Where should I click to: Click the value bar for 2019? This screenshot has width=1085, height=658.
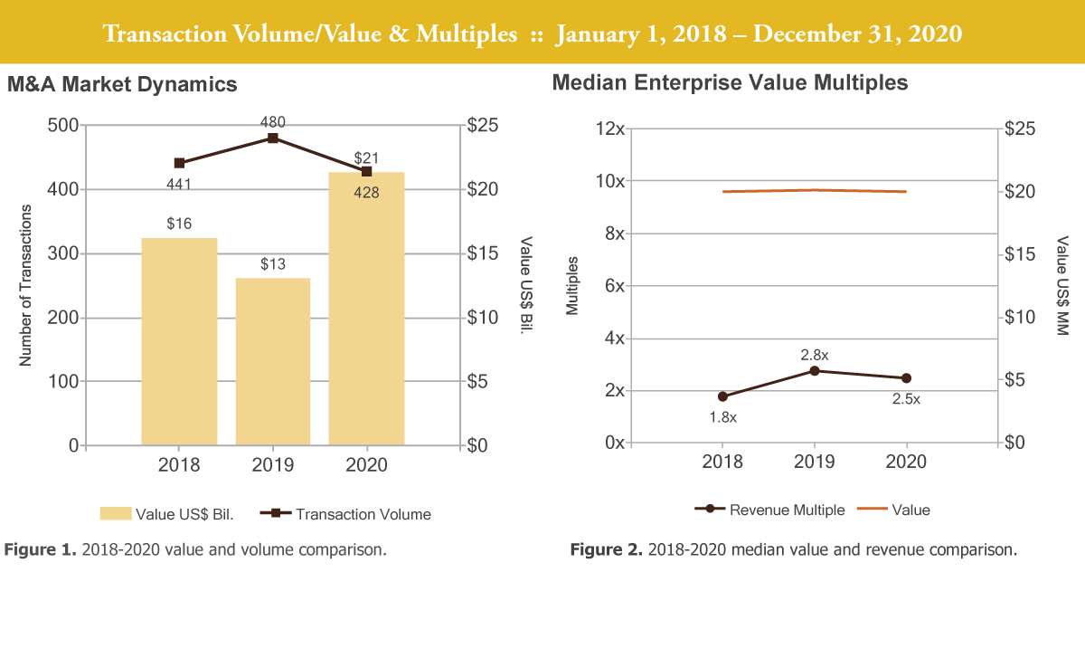point(273,362)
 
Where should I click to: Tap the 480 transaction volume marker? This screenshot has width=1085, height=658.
point(273,138)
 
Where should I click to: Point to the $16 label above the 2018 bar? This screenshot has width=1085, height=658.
point(179,224)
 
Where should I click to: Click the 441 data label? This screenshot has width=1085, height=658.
point(179,185)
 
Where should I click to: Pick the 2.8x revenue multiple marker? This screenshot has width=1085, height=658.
point(815,371)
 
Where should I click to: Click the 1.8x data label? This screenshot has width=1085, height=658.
point(722,417)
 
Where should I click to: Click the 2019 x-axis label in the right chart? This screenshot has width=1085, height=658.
point(815,462)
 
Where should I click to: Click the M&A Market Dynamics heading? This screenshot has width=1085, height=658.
point(122,84)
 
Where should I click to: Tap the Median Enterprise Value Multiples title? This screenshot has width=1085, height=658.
point(730,83)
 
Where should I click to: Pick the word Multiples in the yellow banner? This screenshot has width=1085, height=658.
point(468,34)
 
